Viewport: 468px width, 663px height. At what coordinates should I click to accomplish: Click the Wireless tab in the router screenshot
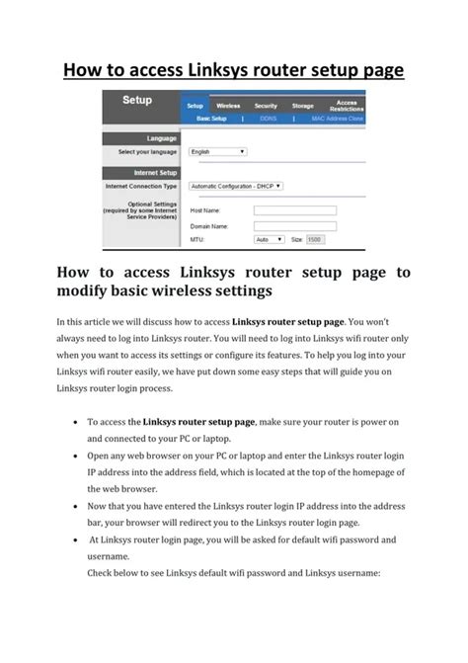(228, 106)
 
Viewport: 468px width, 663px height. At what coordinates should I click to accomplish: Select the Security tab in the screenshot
(266, 106)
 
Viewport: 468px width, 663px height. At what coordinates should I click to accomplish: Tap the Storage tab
(303, 106)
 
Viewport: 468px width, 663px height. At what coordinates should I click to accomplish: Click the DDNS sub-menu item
(268, 118)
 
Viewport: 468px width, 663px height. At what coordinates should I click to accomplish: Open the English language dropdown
(217, 151)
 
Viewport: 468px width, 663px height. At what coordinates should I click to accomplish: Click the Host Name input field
(294, 210)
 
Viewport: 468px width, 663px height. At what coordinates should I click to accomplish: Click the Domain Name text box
(294, 225)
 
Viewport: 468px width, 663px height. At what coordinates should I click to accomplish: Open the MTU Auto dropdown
(265, 239)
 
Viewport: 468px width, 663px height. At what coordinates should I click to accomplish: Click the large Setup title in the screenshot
(136, 101)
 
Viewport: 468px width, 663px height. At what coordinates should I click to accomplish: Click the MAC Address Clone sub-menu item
(338, 118)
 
